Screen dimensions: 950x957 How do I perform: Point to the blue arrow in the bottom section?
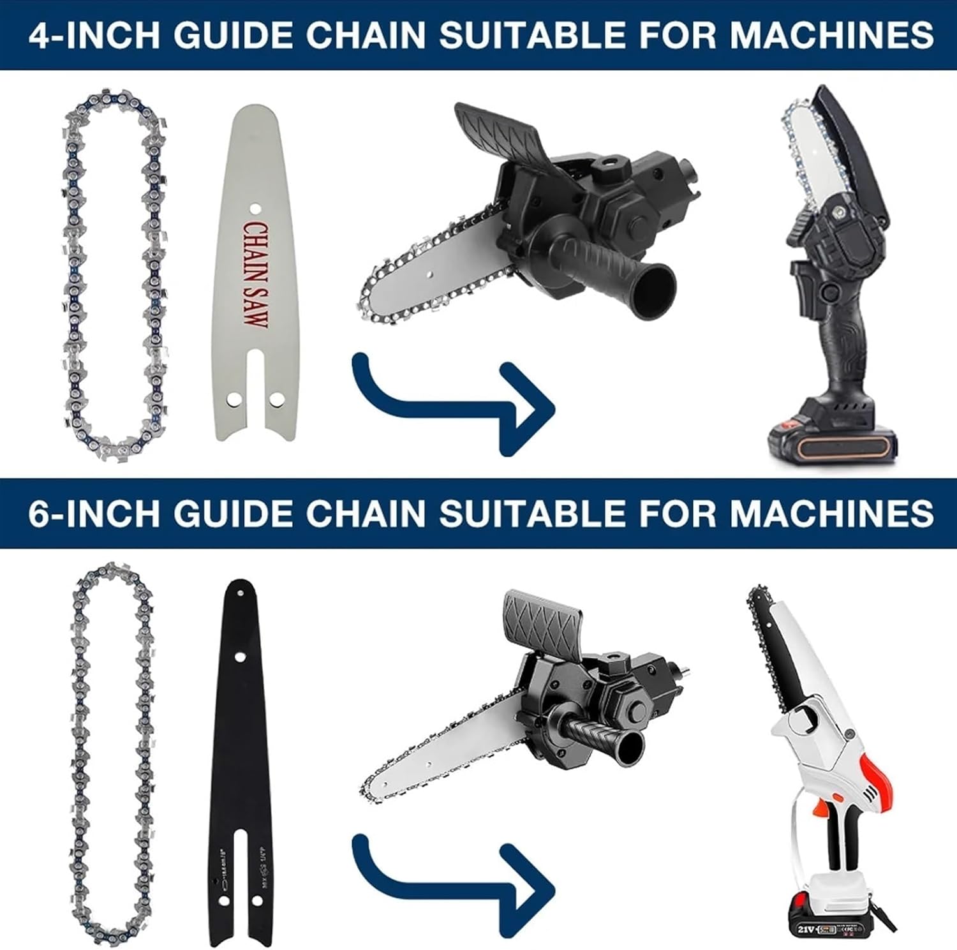[x=453, y=884]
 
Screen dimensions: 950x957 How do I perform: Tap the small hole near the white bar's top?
[x=254, y=208]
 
